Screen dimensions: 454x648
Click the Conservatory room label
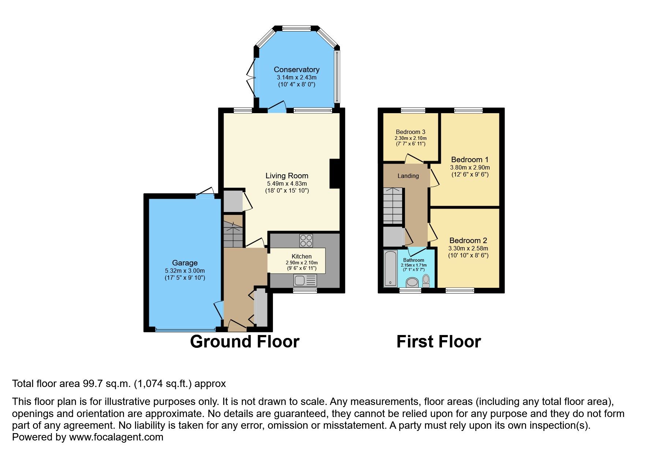pos(296,70)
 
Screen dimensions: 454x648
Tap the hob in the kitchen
pos(306,240)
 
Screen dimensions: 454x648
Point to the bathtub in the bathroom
pos(390,268)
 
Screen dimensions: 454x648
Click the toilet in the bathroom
pos(426,280)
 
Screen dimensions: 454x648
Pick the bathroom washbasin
pos(413,282)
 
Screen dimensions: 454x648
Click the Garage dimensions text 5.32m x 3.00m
pos(185,271)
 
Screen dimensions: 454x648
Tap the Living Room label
pos(287,176)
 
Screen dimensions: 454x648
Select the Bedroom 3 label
pos(411,132)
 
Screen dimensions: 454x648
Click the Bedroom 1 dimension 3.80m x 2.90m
pos(470,167)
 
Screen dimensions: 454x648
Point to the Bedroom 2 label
pos(468,241)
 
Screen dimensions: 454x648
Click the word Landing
pos(408,176)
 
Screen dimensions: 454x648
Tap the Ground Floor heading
pos(244,342)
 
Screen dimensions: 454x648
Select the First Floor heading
pos(438,342)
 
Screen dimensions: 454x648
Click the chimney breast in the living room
pos(334,174)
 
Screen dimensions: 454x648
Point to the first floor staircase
pos(393,206)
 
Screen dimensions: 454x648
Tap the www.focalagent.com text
pos(116,437)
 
